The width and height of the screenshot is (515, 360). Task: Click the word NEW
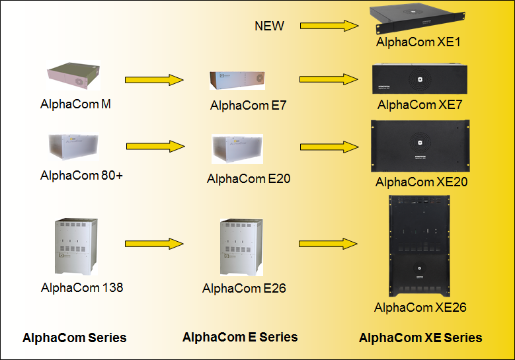click(x=269, y=26)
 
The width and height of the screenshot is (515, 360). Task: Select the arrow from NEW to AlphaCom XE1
click(x=329, y=26)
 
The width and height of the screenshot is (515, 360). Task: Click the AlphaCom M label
click(x=75, y=104)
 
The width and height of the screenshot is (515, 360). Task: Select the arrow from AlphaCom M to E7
click(x=153, y=79)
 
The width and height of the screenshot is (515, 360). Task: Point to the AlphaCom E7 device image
click(x=237, y=80)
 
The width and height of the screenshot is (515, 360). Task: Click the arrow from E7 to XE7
click(x=329, y=79)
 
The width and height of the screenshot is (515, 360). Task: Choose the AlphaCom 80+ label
click(x=81, y=176)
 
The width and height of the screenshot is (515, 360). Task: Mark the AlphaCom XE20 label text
click(x=422, y=182)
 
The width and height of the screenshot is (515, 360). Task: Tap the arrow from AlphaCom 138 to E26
click(x=153, y=243)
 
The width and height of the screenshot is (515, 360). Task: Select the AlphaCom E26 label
click(x=244, y=288)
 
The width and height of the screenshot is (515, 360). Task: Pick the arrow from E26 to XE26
click(x=329, y=243)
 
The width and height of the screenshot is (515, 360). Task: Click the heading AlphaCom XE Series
click(x=420, y=338)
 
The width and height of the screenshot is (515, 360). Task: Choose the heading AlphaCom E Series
click(x=240, y=337)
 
